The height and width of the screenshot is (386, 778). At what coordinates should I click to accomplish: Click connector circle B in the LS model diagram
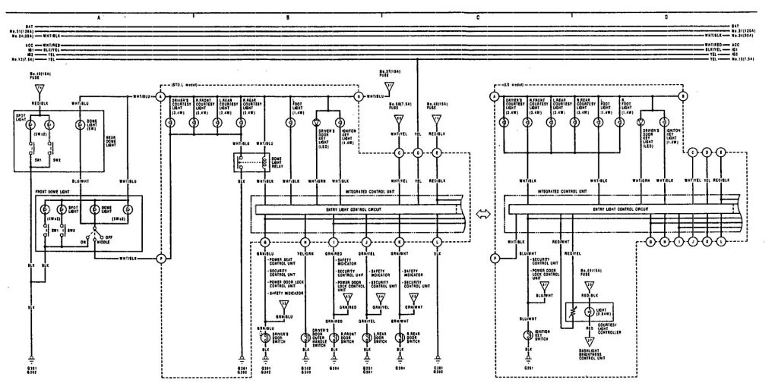682,96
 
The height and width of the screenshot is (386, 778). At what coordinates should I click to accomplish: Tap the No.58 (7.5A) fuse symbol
399,119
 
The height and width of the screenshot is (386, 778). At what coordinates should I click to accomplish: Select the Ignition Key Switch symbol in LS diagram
528,334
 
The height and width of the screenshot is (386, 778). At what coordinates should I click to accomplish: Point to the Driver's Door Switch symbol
267,337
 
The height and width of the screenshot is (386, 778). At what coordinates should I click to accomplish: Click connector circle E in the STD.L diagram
437,152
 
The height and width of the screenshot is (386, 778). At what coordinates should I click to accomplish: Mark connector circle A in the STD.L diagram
161,96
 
